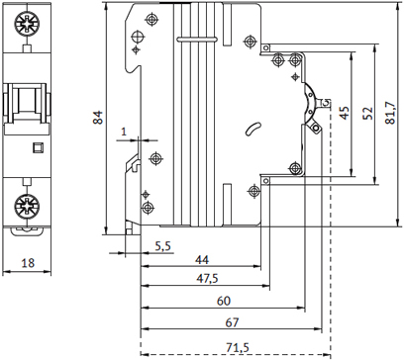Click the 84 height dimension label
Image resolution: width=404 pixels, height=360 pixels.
(x=98, y=118)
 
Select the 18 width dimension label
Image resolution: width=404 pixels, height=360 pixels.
(x=28, y=263)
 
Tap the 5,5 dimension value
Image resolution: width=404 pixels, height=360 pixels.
(x=163, y=246)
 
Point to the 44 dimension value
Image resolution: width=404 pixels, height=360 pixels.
(x=202, y=260)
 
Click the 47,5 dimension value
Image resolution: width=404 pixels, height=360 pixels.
(x=207, y=279)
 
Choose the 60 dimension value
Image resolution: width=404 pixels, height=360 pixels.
(x=224, y=301)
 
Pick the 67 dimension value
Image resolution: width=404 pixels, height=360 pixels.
(x=232, y=322)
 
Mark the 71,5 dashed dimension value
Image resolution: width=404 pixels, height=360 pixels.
(x=238, y=347)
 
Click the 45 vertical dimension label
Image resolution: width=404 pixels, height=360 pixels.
(x=345, y=113)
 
